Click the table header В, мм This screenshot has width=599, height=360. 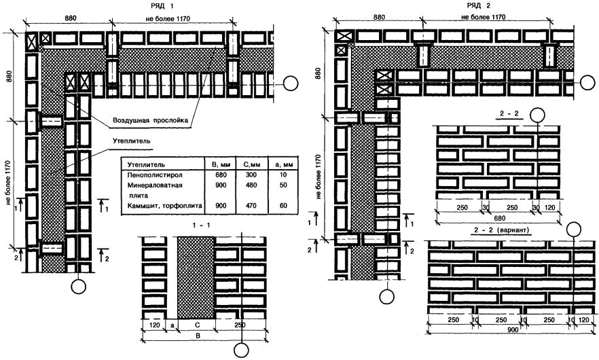pos(219,164)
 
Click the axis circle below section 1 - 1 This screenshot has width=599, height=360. pos(241,350)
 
